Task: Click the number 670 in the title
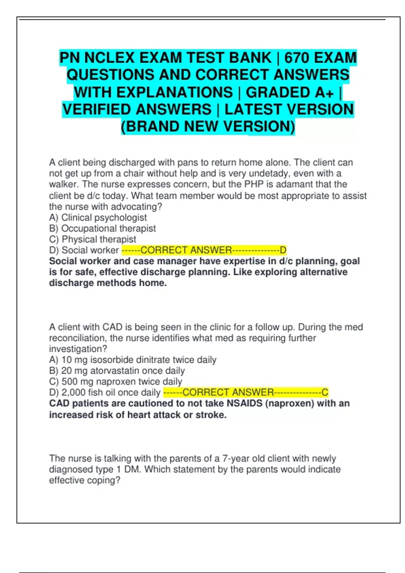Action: coord(297,58)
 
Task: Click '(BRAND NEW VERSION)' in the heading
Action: coord(208,127)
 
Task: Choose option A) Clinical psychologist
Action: coord(98,218)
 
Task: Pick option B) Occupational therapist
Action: coord(102,229)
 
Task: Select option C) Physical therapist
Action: coord(92,239)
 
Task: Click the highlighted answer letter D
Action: coord(283,250)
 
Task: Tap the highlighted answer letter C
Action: coord(325,392)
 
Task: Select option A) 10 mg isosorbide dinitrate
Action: coord(133,360)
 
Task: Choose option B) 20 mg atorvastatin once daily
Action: coord(117,371)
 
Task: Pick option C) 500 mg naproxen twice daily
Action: coord(115,382)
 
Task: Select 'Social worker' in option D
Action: coord(90,250)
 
